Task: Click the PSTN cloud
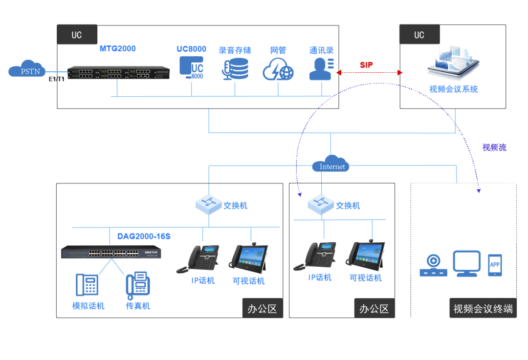(x=26, y=70)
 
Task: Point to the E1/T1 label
(x=56, y=79)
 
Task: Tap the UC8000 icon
(x=191, y=68)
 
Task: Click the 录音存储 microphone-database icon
(x=235, y=69)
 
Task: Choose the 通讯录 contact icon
(x=321, y=69)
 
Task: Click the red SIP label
(x=366, y=65)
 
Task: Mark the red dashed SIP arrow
(x=369, y=73)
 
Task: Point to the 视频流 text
(x=494, y=148)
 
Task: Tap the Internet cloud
(x=331, y=164)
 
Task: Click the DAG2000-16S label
(x=144, y=236)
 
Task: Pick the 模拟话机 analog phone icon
(x=87, y=285)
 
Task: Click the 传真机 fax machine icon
(x=138, y=285)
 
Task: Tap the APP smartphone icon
(x=495, y=265)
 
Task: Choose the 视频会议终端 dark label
(x=483, y=309)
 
